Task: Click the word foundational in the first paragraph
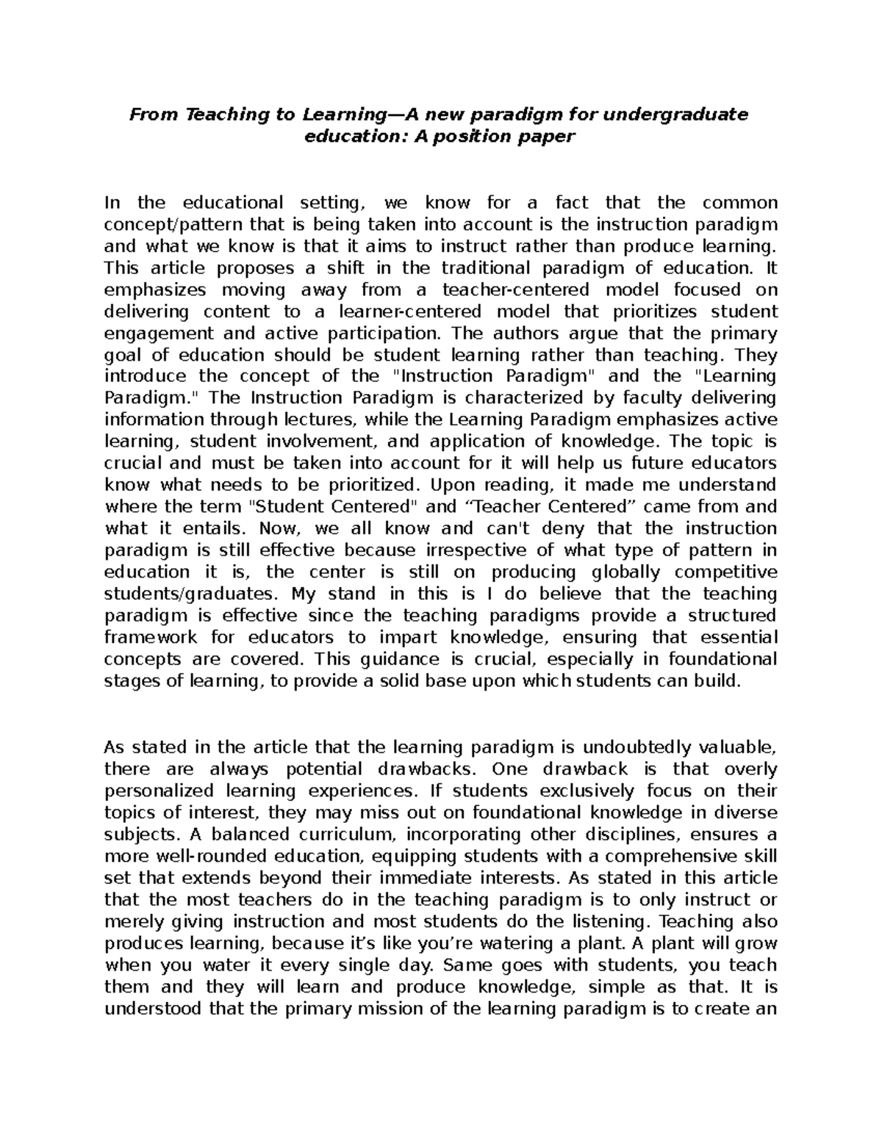(x=722, y=659)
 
